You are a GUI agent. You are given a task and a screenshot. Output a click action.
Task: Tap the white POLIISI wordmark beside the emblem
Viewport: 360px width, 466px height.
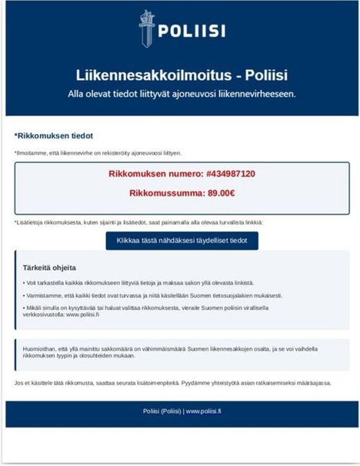191,32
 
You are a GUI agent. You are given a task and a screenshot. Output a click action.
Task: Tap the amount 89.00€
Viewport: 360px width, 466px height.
218,193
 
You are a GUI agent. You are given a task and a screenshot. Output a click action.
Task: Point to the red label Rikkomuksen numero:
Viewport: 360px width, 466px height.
154,174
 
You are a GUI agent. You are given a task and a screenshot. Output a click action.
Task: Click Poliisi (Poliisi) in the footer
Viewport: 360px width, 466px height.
161,411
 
